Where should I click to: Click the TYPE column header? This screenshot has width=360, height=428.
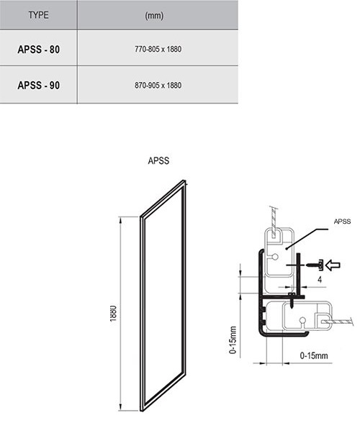tap(38, 14)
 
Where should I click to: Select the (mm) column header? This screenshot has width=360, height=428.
tap(154, 15)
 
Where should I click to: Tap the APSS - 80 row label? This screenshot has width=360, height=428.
tap(38, 50)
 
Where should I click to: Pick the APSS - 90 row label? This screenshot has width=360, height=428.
tap(38, 85)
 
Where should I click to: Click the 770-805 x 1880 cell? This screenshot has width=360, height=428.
tap(158, 49)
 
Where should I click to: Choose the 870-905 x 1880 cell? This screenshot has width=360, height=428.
tap(158, 85)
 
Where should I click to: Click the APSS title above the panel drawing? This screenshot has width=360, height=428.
tap(158, 160)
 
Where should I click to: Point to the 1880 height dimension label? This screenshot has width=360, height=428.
tap(113, 314)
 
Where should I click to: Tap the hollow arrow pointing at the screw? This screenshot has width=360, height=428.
tap(333, 265)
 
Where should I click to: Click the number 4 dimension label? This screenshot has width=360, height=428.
tap(320, 280)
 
